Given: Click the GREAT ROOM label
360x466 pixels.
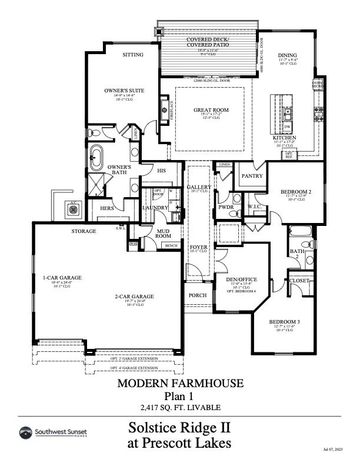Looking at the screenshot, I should (211, 110).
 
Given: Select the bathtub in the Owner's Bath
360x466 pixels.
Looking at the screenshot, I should (96, 158).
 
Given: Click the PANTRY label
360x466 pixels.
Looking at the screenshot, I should (251, 175).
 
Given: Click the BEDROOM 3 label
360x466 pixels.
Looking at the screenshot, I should (285, 322).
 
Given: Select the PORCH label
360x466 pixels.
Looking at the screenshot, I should (197, 295).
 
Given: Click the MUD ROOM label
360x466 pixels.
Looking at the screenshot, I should (163, 233).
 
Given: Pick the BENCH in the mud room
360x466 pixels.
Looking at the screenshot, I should (171, 245).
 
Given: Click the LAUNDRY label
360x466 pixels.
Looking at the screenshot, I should (155, 208).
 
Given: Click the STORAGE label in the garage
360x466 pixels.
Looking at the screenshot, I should (84, 231).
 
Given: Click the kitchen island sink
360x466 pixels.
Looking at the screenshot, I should (288, 111).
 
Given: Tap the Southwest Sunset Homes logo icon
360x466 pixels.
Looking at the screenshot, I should (26, 434).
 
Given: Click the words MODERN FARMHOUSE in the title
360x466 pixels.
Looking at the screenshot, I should (180, 384).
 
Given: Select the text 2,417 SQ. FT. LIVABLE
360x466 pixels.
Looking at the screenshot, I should (179, 407).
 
